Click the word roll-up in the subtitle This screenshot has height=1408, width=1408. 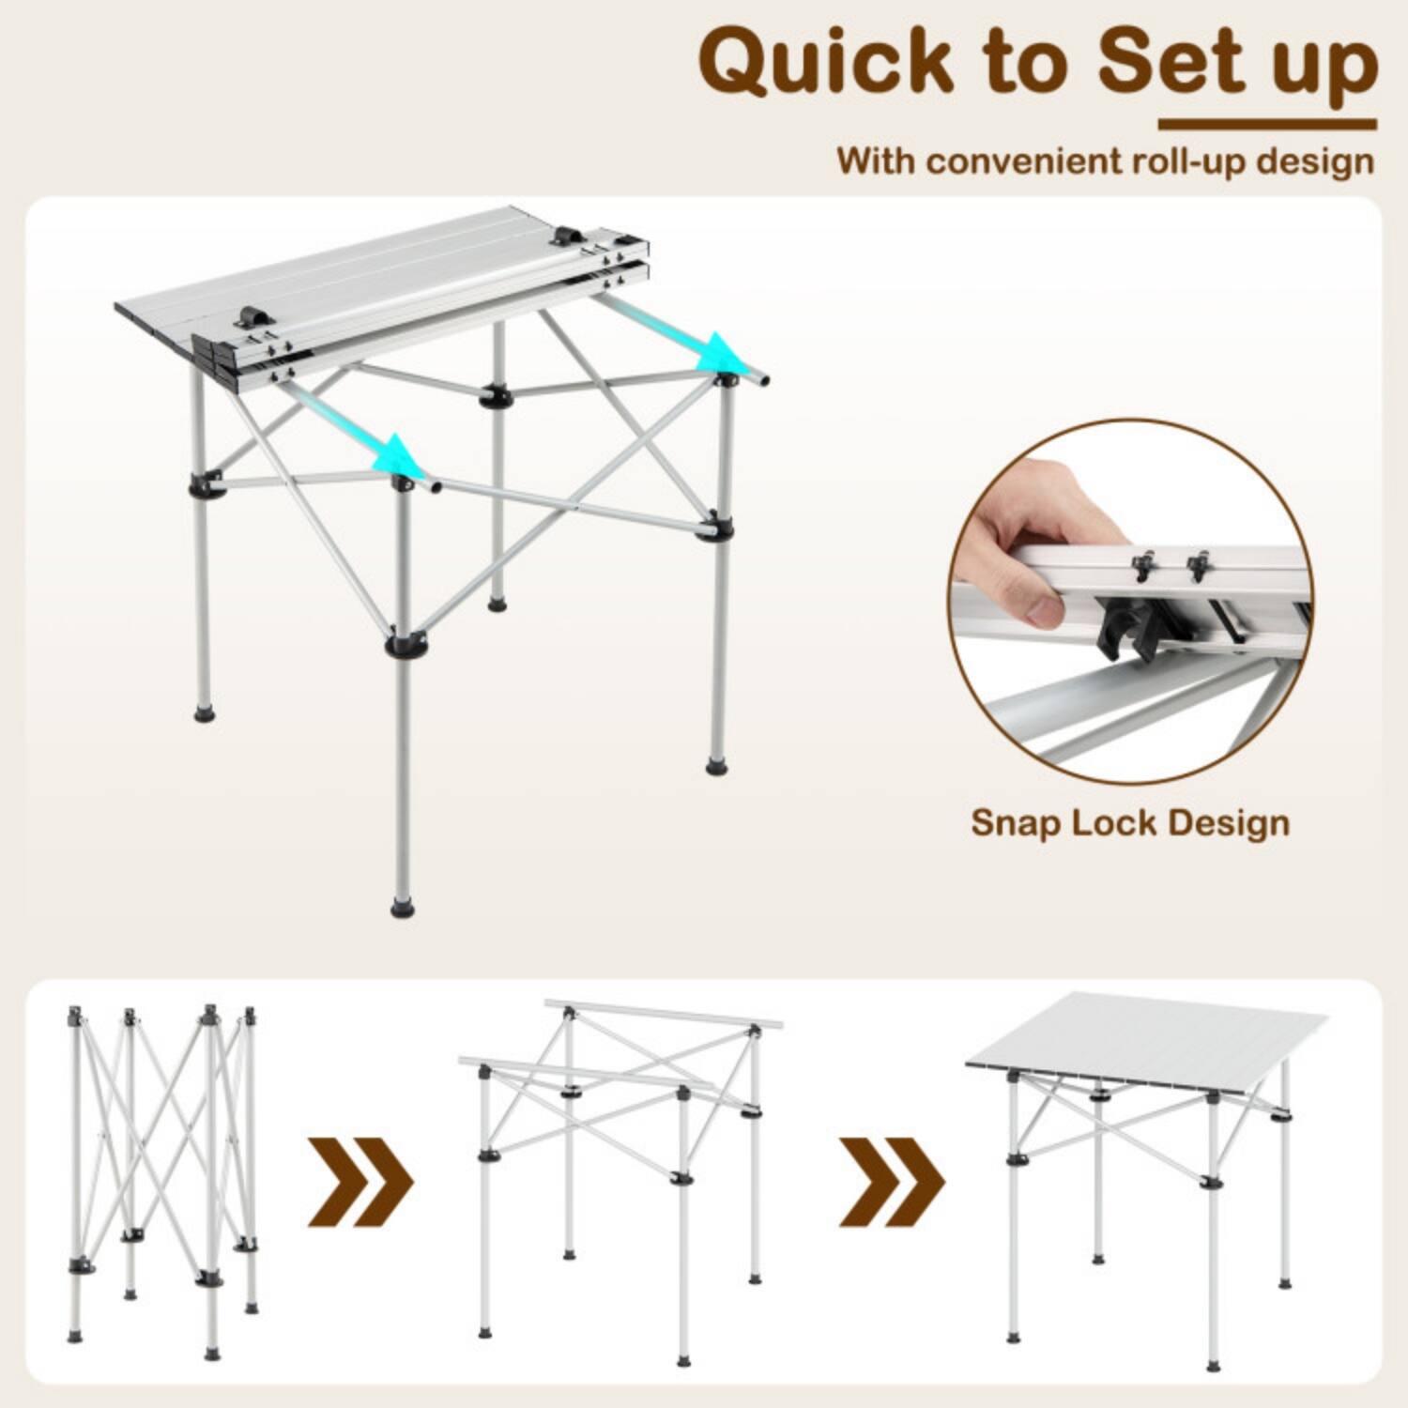(1190, 161)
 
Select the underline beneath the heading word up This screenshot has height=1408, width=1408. (1267, 124)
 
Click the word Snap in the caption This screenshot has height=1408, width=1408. (1016, 822)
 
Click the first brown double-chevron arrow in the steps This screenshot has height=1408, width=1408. (360, 1182)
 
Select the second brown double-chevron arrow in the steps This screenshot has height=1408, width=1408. (891, 1182)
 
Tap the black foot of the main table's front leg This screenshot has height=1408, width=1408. (403, 908)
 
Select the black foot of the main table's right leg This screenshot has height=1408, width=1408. (717, 767)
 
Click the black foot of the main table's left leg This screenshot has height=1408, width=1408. (204, 713)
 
